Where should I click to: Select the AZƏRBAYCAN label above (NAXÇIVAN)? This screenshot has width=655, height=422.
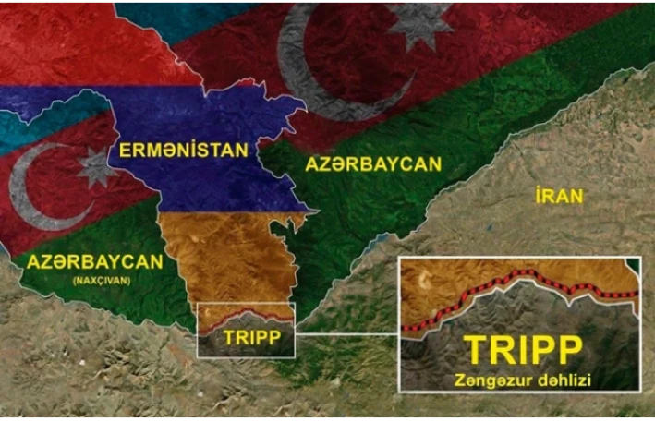coord(95,261)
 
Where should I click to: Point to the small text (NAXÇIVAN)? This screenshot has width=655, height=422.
coord(95,280)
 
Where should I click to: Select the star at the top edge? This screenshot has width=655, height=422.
coord(418,23)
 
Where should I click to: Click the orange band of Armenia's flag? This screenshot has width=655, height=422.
coord(231,259)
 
